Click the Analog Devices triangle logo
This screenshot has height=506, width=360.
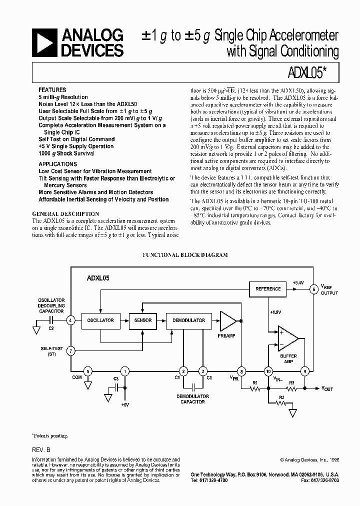45,42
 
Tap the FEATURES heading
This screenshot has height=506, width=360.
52,90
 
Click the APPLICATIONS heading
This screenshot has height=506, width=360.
58,164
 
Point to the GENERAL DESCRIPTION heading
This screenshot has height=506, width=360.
65,214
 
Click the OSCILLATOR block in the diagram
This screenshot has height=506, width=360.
100,320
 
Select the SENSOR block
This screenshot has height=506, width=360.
143,320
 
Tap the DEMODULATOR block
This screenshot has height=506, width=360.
188,320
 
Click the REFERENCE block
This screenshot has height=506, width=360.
268,289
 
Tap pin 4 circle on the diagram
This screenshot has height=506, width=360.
71,320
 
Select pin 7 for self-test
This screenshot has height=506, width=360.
71,351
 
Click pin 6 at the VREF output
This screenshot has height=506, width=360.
313,289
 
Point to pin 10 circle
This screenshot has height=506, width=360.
268,371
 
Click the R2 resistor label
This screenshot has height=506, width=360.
281,397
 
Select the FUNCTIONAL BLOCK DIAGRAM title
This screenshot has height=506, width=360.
185,255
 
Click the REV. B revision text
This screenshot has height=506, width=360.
41,450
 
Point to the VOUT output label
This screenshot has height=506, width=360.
326,389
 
